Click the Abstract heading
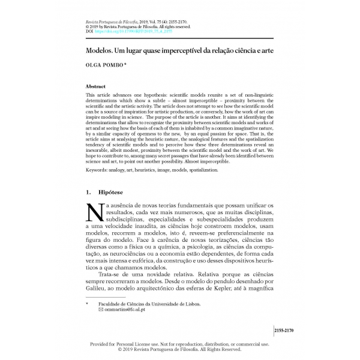point(97,86)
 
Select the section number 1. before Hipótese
point(90,193)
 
